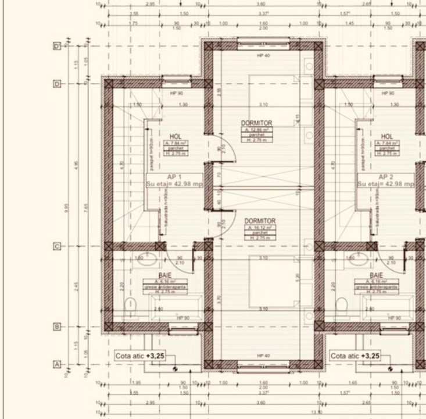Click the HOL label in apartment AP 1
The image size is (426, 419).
click(x=176, y=135)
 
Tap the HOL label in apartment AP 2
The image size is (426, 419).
click(x=387, y=135)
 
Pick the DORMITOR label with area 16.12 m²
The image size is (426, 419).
click(x=260, y=221)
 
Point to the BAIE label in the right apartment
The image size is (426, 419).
click(x=377, y=275)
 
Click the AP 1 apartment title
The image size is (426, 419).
click(x=175, y=176)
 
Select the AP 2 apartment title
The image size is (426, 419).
click(x=386, y=176)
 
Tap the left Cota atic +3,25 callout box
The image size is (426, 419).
click(x=140, y=356)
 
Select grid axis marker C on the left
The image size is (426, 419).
click(x=57, y=246)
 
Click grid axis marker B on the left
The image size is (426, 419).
click(x=57, y=327)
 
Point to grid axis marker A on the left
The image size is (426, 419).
click(x=57, y=364)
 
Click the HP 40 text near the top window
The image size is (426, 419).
click(x=263, y=56)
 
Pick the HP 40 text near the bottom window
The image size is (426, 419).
click(x=263, y=356)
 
